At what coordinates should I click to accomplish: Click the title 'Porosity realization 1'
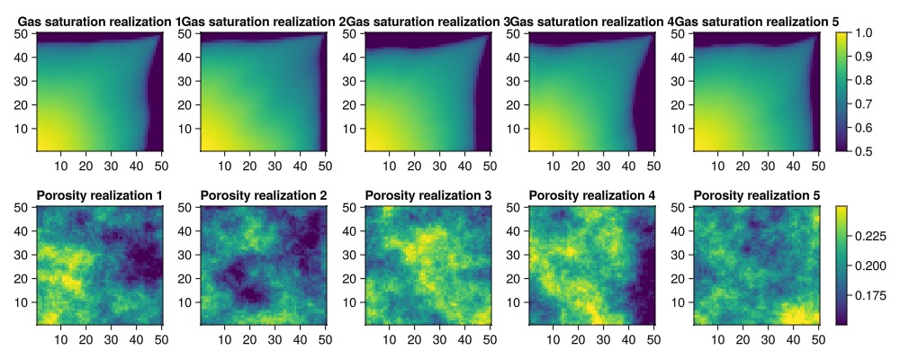[99, 195]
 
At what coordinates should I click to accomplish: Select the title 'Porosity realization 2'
[264, 195]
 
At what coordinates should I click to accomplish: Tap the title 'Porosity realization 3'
[427, 195]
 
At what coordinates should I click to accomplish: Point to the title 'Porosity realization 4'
[592, 195]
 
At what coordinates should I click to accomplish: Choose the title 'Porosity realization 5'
[756, 195]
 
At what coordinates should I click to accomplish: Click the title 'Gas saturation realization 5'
[756, 21]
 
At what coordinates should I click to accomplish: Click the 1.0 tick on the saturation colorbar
[865, 33]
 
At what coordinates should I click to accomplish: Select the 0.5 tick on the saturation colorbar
[865, 150]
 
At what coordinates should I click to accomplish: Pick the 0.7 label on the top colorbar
[865, 103]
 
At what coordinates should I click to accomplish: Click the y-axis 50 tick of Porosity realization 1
[25, 207]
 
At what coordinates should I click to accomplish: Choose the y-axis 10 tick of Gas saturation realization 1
[25, 128]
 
